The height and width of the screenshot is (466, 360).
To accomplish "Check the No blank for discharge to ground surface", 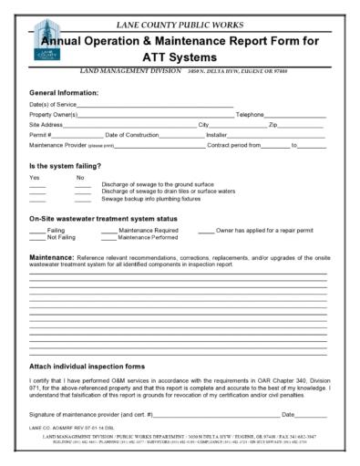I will (83, 184).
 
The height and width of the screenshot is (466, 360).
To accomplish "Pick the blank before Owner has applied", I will (205, 231).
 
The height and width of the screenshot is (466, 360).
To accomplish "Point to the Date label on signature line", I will (289, 415).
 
